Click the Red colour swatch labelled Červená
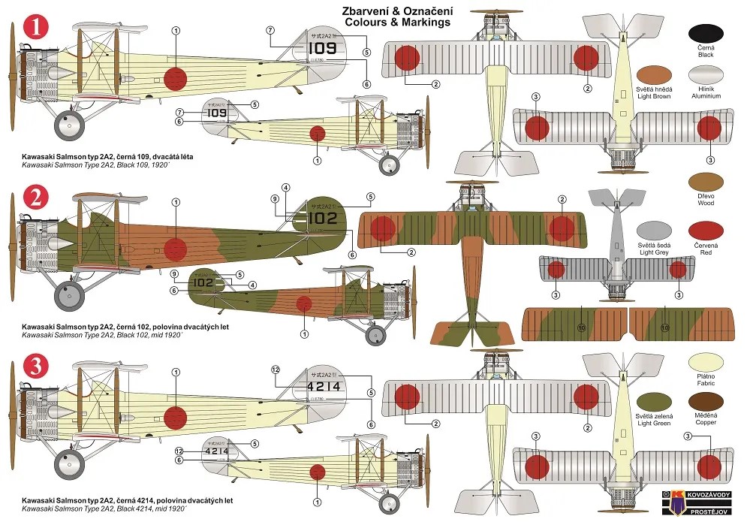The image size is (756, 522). point(705,230)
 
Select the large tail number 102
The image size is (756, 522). point(322,219)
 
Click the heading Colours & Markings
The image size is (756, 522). point(397,23)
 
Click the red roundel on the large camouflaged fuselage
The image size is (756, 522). point(175,249)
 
